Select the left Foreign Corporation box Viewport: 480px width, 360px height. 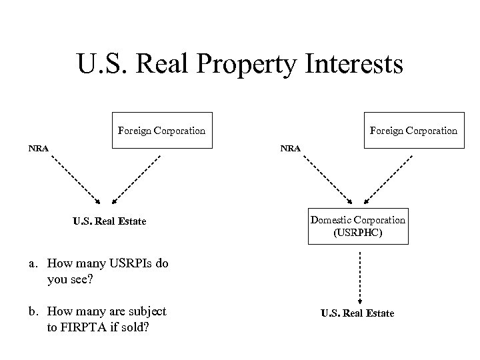click(161, 130)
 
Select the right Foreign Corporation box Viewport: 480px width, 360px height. click(413, 130)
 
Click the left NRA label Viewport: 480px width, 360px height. click(37, 147)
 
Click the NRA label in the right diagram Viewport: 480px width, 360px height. click(291, 147)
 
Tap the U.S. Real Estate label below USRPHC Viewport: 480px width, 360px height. click(357, 313)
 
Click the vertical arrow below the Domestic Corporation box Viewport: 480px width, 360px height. click(360, 277)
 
